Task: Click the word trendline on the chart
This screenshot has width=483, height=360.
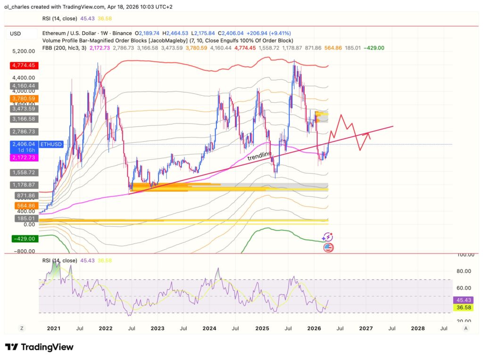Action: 260,156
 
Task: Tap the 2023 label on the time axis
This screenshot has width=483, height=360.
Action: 158,328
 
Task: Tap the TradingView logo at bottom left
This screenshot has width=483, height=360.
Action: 40,347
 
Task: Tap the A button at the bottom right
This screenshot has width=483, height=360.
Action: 466,328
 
